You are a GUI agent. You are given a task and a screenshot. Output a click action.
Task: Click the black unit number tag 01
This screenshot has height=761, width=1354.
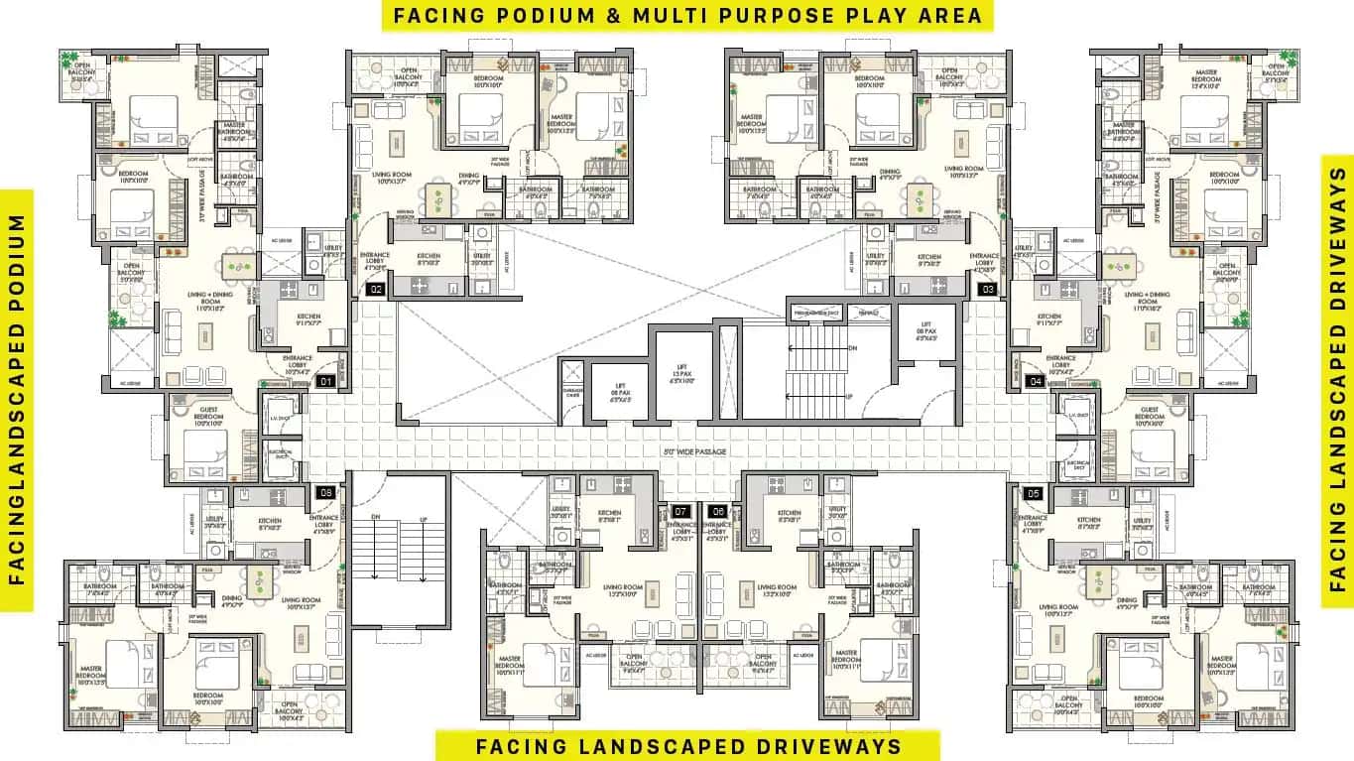(323, 381)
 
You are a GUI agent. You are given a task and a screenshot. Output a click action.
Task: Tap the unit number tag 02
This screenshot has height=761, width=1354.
(376, 290)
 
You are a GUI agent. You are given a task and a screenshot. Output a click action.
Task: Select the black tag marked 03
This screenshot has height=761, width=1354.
(987, 290)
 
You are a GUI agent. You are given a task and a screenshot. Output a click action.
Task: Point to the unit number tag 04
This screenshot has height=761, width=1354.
(1036, 381)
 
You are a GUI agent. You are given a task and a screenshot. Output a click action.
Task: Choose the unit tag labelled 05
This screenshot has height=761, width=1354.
(1035, 492)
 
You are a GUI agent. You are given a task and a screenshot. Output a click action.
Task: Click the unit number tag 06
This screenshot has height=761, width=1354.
(718, 511)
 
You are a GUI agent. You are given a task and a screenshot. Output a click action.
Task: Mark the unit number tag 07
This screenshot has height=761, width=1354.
(680, 511)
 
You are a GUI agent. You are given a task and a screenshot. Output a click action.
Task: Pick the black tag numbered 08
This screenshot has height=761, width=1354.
(324, 492)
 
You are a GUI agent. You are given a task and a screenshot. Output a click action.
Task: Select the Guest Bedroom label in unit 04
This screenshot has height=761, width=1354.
(1151, 415)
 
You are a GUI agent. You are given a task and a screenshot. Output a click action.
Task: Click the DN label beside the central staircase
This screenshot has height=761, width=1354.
(852, 348)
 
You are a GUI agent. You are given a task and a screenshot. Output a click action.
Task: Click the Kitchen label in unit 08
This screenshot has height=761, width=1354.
(270, 522)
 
